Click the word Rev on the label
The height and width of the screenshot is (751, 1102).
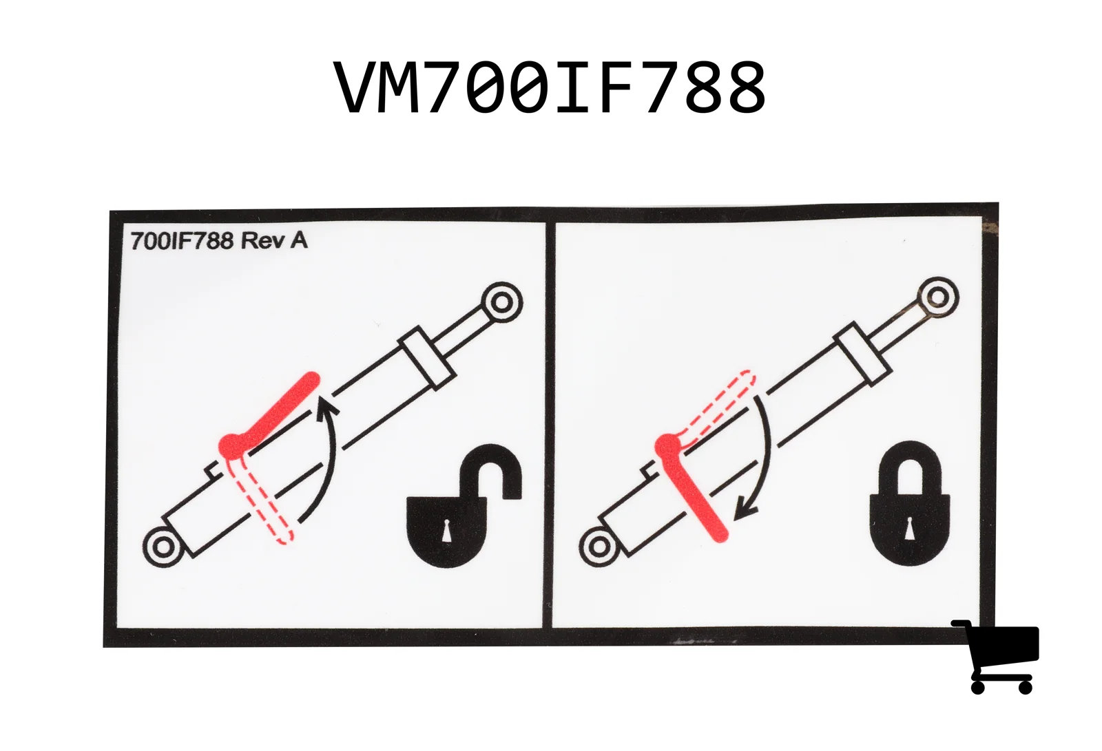pyautogui.click(x=260, y=241)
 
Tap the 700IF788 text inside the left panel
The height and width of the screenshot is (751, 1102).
pyautogui.click(x=182, y=242)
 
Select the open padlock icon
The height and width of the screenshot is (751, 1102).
pyautogui.click(x=464, y=505)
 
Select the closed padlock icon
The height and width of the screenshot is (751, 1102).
pyautogui.click(x=910, y=504)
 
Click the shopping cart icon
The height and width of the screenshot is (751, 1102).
pyautogui.click(x=996, y=657)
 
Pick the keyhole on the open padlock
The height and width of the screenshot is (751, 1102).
pyautogui.click(x=447, y=531)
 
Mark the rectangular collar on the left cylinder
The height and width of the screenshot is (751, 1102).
pyautogui.click(x=426, y=357)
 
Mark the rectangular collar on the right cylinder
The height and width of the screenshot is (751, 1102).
pyautogui.click(x=863, y=354)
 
